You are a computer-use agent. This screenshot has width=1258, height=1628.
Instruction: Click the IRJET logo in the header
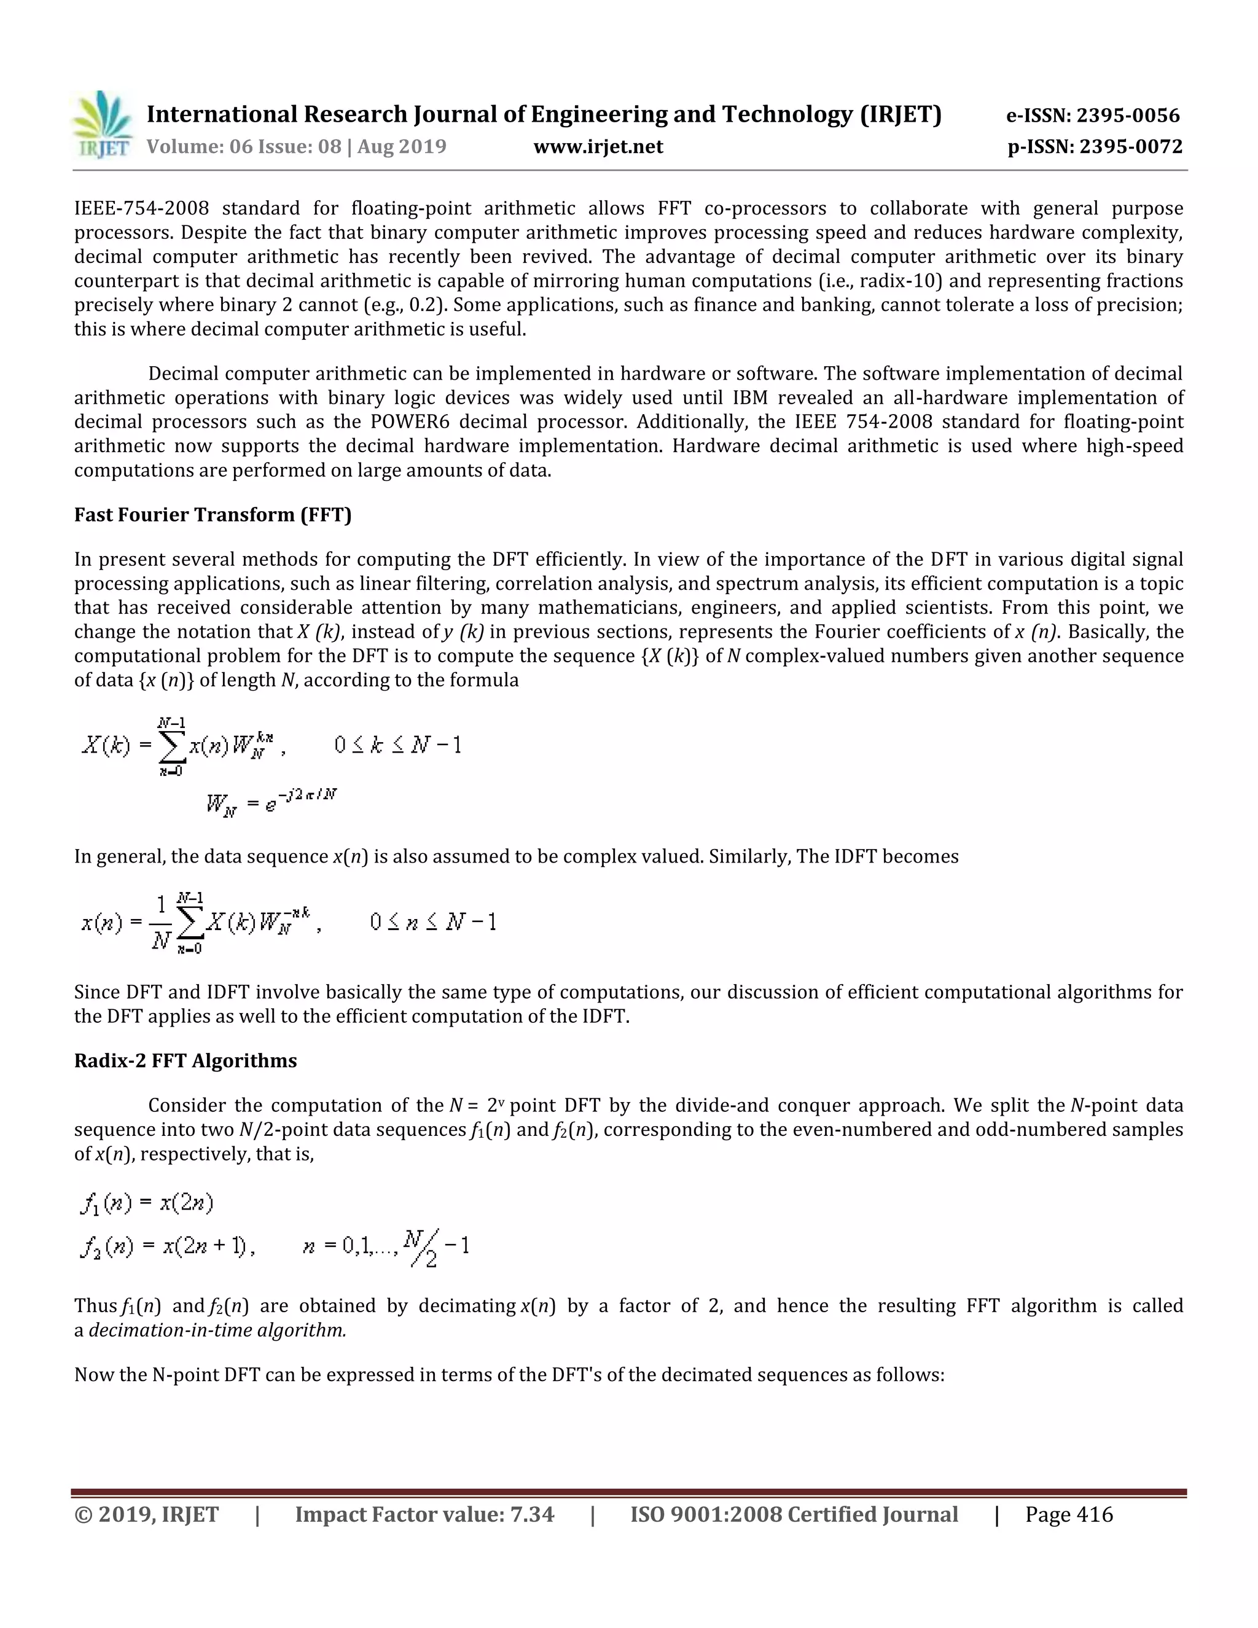pyautogui.click(x=102, y=125)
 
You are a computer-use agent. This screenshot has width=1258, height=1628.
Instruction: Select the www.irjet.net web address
pyautogui.click(x=598, y=147)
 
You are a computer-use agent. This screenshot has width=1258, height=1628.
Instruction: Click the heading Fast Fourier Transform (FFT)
pyautogui.click(x=213, y=515)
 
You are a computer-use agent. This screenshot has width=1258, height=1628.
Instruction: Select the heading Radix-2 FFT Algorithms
pyautogui.click(x=185, y=1061)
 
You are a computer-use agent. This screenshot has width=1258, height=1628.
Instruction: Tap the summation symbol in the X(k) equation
pyautogui.click(x=171, y=746)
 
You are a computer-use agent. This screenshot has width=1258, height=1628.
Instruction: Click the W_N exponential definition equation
pyautogui.click(x=272, y=804)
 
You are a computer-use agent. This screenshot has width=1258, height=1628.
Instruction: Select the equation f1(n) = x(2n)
pyautogui.click(x=147, y=1202)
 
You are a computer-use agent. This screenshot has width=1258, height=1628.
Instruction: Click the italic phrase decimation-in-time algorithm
pyautogui.click(x=217, y=1330)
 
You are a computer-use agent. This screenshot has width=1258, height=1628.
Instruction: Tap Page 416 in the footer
pyautogui.click(x=1068, y=1515)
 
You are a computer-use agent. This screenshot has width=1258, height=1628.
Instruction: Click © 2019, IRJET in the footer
pyautogui.click(x=146, y=1515)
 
